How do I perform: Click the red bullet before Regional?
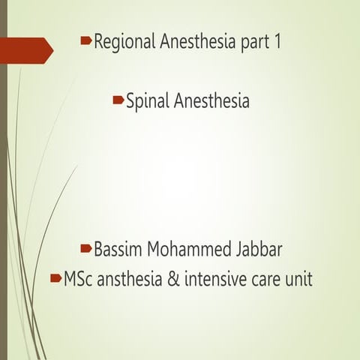[86, 40]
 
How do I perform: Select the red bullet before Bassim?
[88, 247]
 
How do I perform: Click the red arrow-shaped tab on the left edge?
[25, 51]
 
